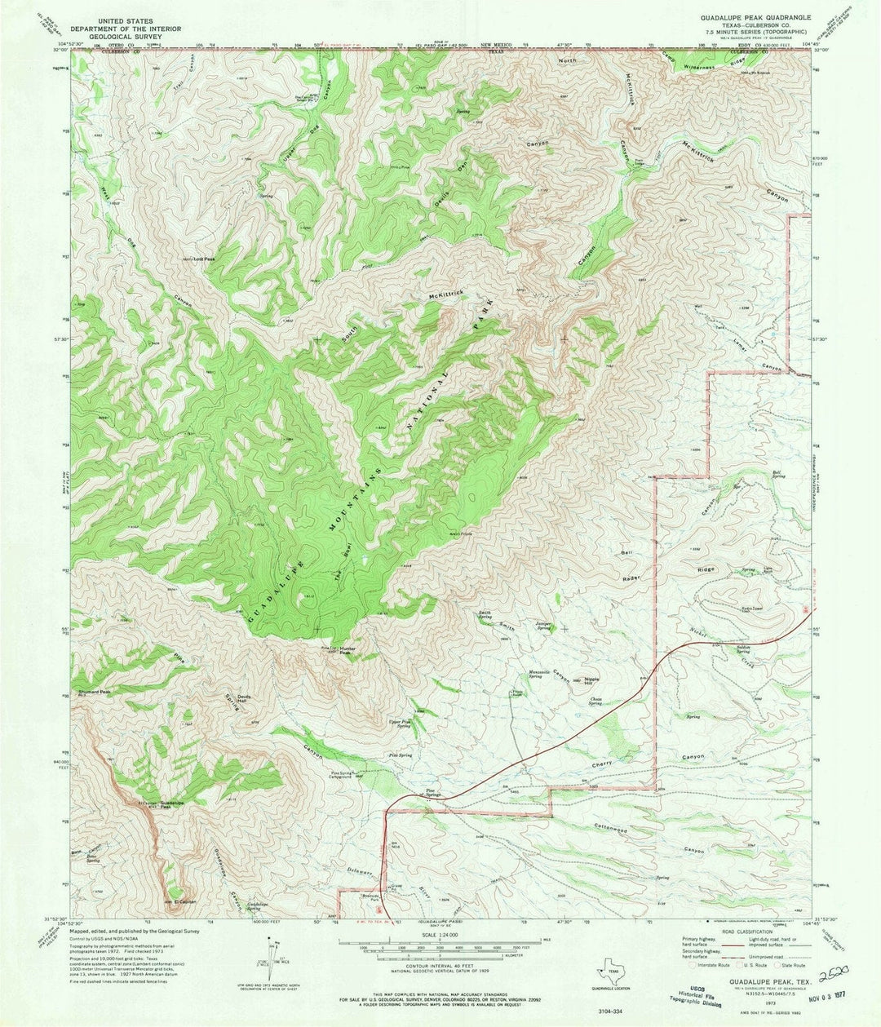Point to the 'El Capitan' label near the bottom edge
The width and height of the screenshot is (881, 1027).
point(185,901)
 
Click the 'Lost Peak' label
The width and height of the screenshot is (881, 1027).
point(204,259)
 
